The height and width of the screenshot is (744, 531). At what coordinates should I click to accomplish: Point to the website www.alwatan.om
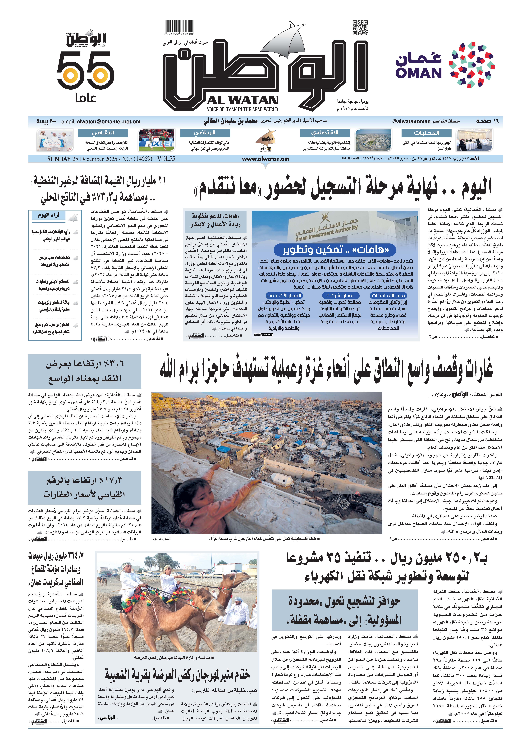265,159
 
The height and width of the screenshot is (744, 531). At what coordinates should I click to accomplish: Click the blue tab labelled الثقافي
103,133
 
